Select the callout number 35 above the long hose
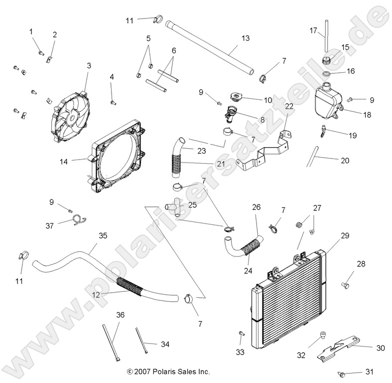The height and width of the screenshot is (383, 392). (103, 235)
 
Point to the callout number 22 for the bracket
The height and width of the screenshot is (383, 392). (289, 106)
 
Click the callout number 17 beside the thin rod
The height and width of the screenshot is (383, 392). (313, 30)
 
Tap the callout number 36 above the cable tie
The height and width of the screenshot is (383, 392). (120, 315)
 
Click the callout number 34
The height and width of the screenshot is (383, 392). (165, 344)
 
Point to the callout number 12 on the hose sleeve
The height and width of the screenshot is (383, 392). (96, 295)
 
